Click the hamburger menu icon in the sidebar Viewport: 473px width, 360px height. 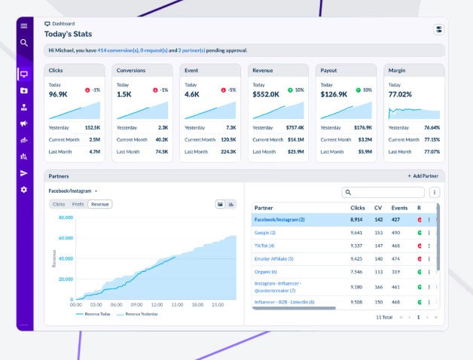pyautogui.click(x=24, y=26)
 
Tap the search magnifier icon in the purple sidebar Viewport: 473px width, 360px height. pyautogui.click(x=24, y=43)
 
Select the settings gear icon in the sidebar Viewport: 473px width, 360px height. pyautogui.click(x=24, y=190)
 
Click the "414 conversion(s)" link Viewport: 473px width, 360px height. pyautogui.click(x=117, y=50)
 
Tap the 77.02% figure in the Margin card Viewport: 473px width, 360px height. pyautogui.click(x=400, y=95)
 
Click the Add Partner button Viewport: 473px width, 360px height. pyautogui.click(x=425, y=175)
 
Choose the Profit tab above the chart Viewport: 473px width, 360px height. pyautogui.click(x=78, y=204)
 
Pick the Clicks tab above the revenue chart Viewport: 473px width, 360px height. pyautogui.click(x=58, y=204)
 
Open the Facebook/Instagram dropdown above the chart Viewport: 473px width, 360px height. pyautogui.click(x=73, y=191)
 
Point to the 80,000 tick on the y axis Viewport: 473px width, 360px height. pyautogui.click(x=65, y=218)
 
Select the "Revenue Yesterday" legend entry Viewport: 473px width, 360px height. pyautogui.click(x=140, y=314)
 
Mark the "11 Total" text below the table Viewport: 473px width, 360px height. pyautogui.click(x=384, y=318)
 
